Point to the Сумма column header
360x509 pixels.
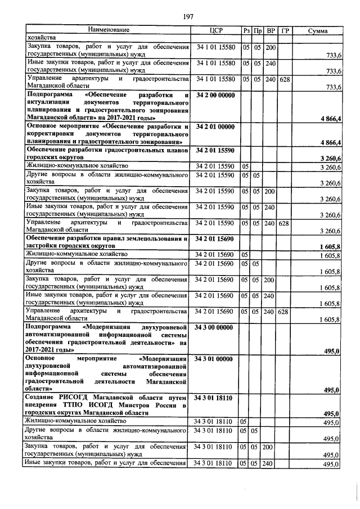pyautogui.click(x=318, y=30)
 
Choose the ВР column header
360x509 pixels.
pyautogui.click(x=271, y=30)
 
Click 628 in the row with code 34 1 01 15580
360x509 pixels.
pyautogui.click(x=285, y=80)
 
